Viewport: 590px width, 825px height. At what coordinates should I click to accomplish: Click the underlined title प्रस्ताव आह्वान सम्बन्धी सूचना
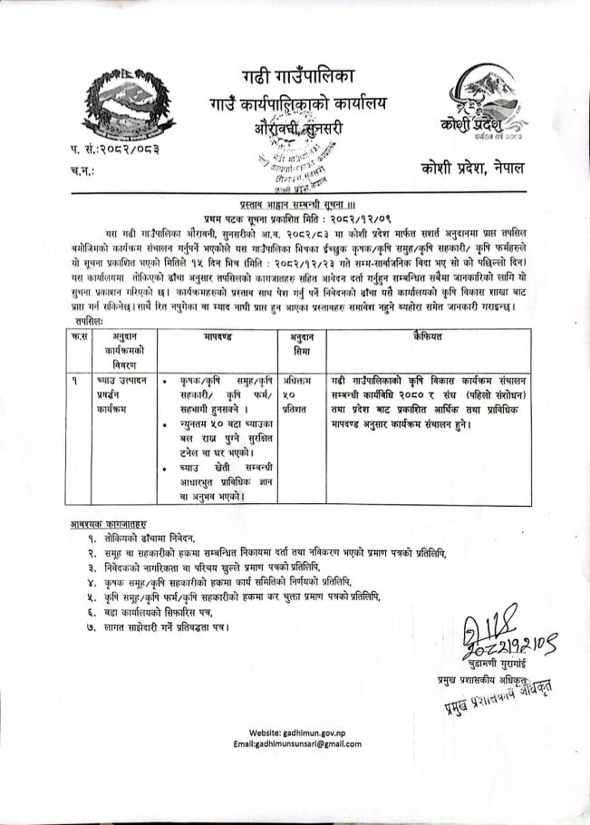click(x=294, y=208)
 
